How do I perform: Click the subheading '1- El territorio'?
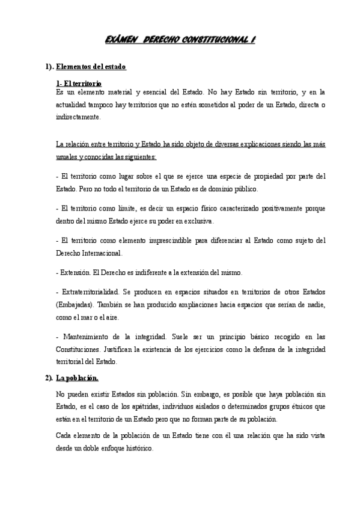[78, 83]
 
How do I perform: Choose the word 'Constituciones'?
[81, 349]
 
